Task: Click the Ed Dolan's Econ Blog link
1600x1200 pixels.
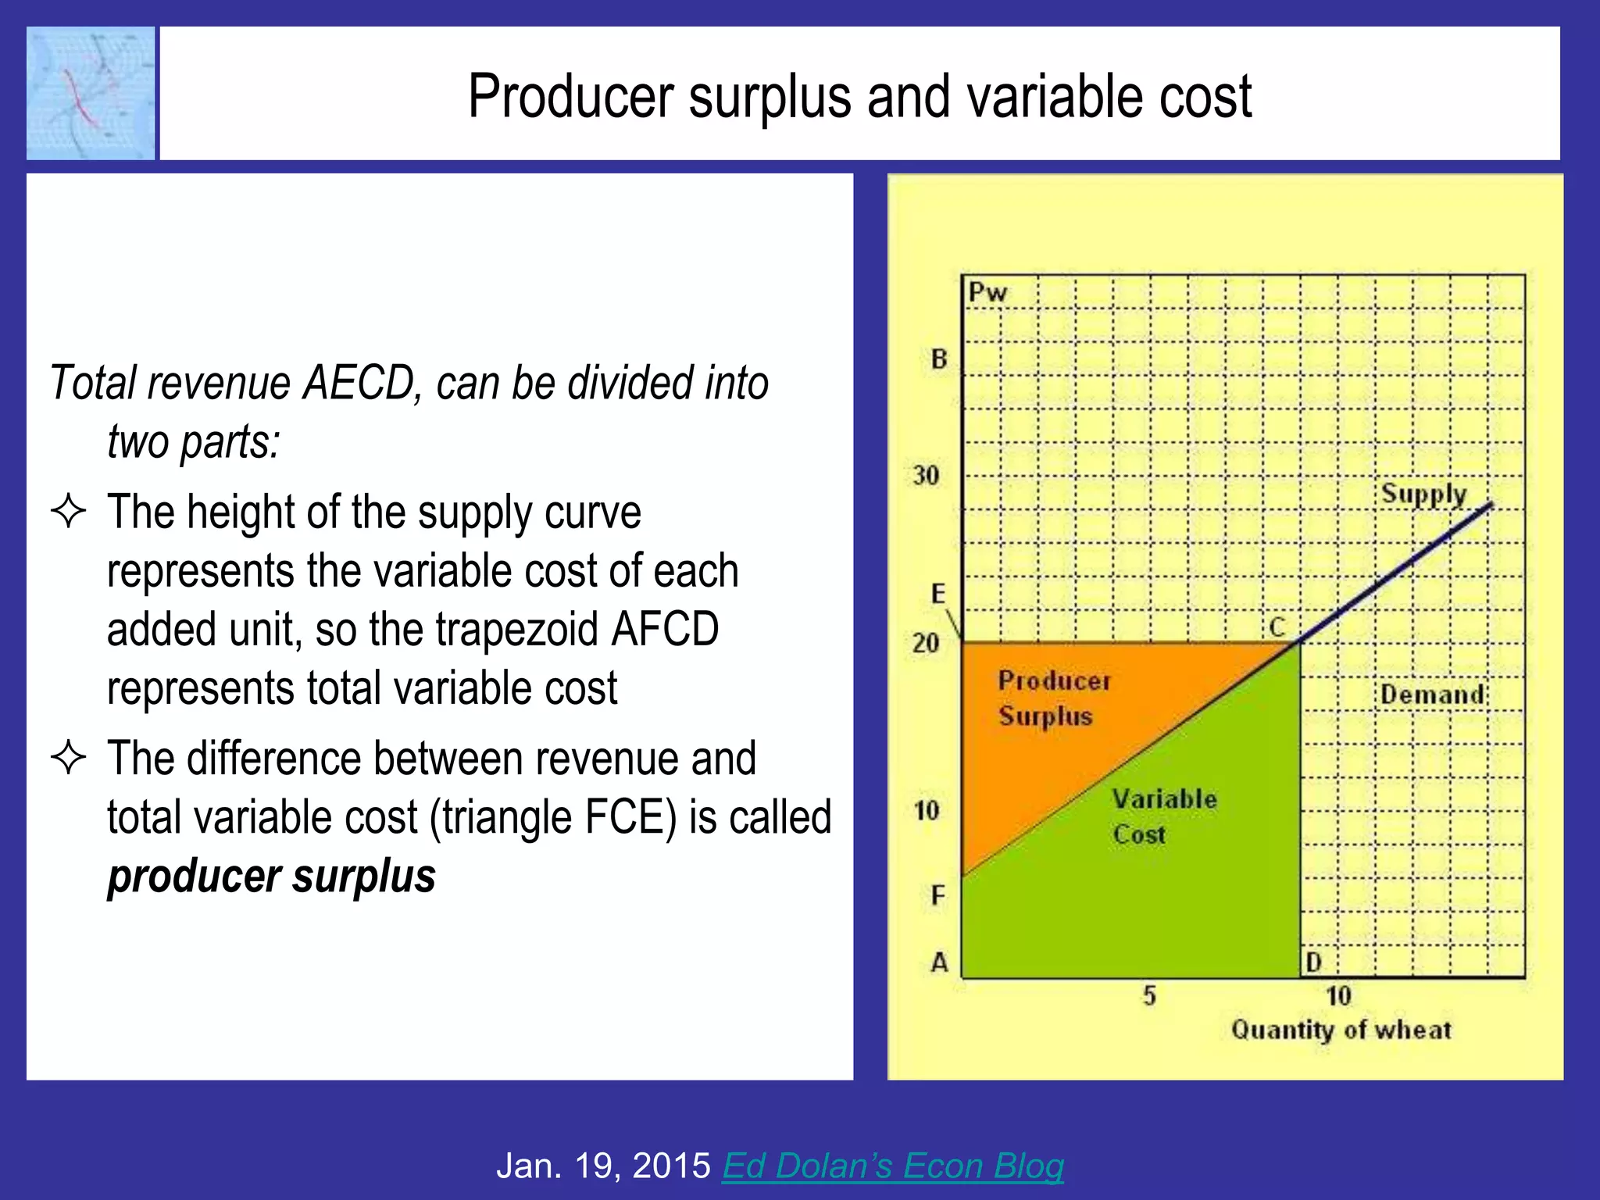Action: [892, 1166]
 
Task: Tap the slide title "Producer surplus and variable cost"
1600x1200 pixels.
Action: [859, 96]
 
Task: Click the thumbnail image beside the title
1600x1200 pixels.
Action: [91, 93]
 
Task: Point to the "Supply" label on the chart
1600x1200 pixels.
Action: [1423, 495]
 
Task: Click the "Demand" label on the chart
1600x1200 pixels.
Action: [1431, 695]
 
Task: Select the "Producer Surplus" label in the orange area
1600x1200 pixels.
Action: [1052, 698]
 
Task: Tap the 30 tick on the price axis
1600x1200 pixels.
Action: [926, 475]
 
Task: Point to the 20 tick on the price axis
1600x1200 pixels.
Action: [926, 643]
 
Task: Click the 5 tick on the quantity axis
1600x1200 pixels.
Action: [1149, 996]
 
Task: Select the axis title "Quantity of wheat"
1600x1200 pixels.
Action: [1341, 1030]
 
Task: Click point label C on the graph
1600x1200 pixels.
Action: [1277, 627]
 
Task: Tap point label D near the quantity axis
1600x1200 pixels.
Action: [1314, 962]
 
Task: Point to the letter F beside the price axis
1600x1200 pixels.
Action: [938, 895]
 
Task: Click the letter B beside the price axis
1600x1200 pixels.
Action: [939, 359]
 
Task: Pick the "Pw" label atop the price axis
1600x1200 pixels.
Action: [987, 293]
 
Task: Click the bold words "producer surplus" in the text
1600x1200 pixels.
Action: [271, 876]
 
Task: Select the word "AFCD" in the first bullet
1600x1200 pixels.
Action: [665, 629]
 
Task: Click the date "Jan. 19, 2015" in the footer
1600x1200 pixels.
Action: [603, 1166]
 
